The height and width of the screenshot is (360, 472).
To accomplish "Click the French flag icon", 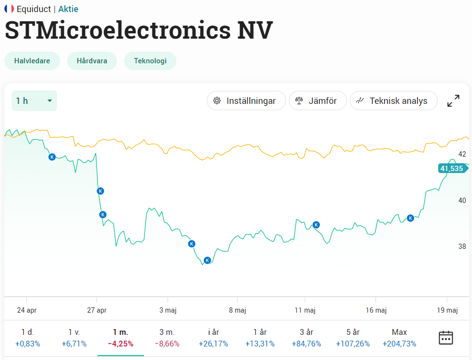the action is tap(9, 9).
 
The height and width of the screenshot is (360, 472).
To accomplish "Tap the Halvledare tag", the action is tap(32, 61).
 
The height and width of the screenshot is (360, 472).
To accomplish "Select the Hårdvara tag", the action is tap(92, 61).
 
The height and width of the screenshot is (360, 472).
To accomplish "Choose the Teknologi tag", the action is tap(150, 61).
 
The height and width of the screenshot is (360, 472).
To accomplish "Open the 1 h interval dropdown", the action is tap(34, 101).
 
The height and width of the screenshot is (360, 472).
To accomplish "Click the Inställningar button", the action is tap(246, 101).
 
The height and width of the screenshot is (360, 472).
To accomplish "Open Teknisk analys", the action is tap(393, 101).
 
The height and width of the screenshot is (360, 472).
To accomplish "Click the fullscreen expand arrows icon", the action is tap(453, 101).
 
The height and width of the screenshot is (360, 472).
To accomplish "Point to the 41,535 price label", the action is tap(452, 168).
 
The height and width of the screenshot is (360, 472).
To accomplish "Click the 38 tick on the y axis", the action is tap(462, 246).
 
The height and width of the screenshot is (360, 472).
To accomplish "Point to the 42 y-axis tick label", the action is tap(462, 154).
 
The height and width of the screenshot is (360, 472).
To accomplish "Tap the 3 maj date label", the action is tap(168, 310).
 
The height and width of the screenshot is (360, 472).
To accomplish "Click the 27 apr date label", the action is tap(97, 310).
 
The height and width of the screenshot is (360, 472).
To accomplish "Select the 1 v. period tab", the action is tap(74, 338).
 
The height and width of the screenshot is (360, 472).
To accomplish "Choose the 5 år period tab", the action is tap(353, 338).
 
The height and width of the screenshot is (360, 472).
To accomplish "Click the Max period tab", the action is tap(400, 338).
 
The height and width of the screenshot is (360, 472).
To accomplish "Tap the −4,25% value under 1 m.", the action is tap(120, 344).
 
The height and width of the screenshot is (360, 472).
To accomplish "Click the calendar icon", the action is tap(446, 337).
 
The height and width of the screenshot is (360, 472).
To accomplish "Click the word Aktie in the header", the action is tap(68, 9).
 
